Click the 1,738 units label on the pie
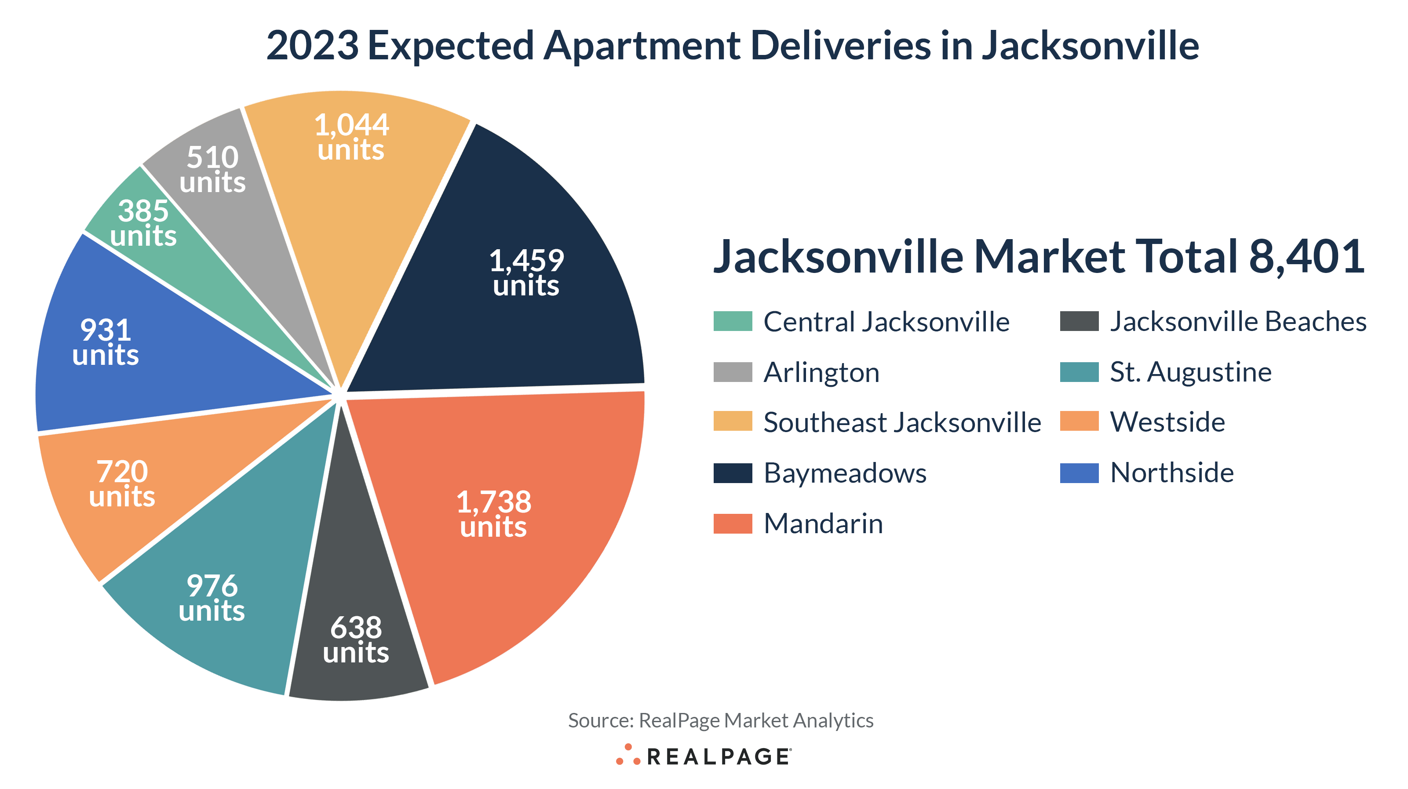[493, 514]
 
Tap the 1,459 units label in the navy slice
[526, 273]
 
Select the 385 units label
[143, 223]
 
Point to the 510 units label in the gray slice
[213, 169]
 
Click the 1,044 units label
[351, 137]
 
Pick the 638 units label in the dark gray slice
[356, 639]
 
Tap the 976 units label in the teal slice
[212, 598]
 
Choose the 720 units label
[122, 484]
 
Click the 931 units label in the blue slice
[106, 342]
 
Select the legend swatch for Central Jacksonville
[733, 321]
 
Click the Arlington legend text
[821, 373]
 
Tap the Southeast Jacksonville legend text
[902, 422]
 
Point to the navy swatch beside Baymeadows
[733, 473]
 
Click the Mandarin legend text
[823, 524]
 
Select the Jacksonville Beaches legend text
[1238, 321]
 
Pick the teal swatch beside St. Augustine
[1079, 372]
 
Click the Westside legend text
[1167, 422]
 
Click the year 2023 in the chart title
[312, 45]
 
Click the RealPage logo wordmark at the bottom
[718, 757]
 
